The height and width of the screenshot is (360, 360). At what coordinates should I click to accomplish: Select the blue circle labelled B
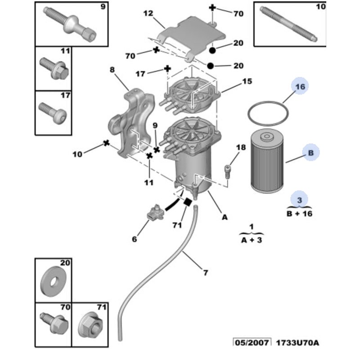click(310, 153)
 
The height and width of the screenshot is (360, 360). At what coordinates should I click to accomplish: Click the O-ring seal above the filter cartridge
click(268, 114)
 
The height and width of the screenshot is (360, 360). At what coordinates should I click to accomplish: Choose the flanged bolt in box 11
click(54, 68)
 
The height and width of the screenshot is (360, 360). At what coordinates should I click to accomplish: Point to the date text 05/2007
click(252, 342)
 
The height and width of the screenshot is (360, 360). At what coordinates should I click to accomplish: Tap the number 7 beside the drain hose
click(206, 272)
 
